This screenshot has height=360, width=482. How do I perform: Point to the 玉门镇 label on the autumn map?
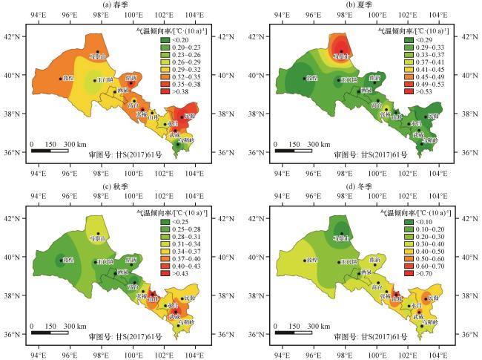(104, 262)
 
